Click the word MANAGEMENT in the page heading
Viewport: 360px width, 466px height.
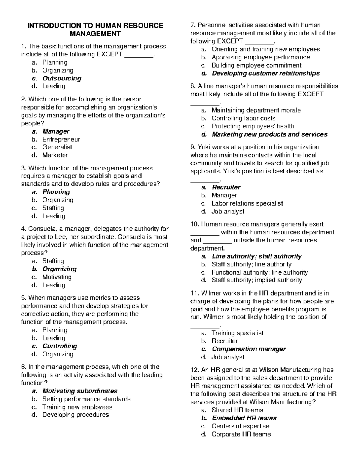pyautogui.click(x=95, y=34)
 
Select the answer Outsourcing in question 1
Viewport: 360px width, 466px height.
pyautogui.click(x=62, y=78)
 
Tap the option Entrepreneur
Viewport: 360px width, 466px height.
pyautogui.click(x=61, y=139)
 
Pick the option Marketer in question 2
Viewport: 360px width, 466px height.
pyautogui.click(x=55, y=155)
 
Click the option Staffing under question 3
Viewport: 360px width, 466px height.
pyautogui.click(x=53, y=208)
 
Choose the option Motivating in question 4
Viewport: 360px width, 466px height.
pyautogui.click(x=57, y=277)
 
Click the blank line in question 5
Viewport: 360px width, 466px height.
pyautogui.click(x=155, y=314)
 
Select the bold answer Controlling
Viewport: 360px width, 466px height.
pyautogui.click(x=60, y=346)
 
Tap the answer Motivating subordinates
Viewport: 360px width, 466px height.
pyautogui.click(x=80, y=391)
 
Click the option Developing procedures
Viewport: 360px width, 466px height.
pyautogui.click(x=75, y=415)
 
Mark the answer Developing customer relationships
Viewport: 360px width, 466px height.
pyautogui.click(x=265, y=73)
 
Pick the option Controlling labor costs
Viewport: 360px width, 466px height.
pyautogui.click(x=243, y=118)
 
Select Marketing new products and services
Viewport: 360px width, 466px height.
pyautogui.click(x=269, y=134)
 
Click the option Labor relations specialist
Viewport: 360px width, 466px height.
pyautogui.click(x=247, y=203)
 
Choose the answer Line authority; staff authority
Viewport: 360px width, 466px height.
pyautogui.click(x=256, y=256)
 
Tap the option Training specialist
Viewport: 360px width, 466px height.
pyautogui.click(x=237, y=333)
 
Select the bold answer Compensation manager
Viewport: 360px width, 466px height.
pyautogui.click(x=249, y=349)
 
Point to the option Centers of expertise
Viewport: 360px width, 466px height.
pyautogui.click(x=240, y=426)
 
